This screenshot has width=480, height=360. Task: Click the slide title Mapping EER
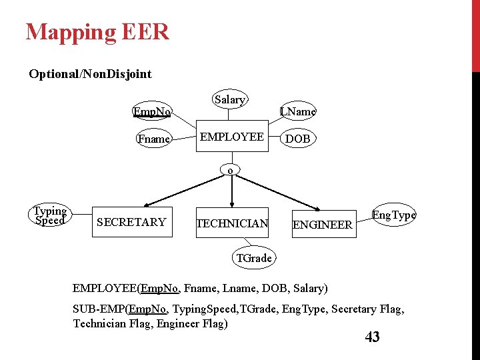(x=97, y=32)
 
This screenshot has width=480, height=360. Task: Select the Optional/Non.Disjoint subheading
(x=90, y=74)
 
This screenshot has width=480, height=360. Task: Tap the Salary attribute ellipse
(x=230, y=100)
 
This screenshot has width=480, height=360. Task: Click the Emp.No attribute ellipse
(x=152, y=111)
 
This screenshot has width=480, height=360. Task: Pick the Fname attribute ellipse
(x=153, y=139)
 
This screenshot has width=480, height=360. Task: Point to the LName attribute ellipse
(x=297, y=111)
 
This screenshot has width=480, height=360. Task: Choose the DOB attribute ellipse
(x=297, y=139)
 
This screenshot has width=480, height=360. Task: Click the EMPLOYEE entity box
(x=232, y=137)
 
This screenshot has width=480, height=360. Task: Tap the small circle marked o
(x=231, y=170)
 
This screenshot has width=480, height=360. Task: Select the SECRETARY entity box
(x=131, y=222)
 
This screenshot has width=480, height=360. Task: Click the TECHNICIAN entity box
(x=232, y=223)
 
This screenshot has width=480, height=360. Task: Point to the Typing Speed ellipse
(x=50, y=216)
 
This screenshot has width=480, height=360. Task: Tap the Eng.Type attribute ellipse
(x=393, y=215)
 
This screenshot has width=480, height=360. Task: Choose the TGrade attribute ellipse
(x=254, y=258)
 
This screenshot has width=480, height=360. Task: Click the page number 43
(x=372, y=337)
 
